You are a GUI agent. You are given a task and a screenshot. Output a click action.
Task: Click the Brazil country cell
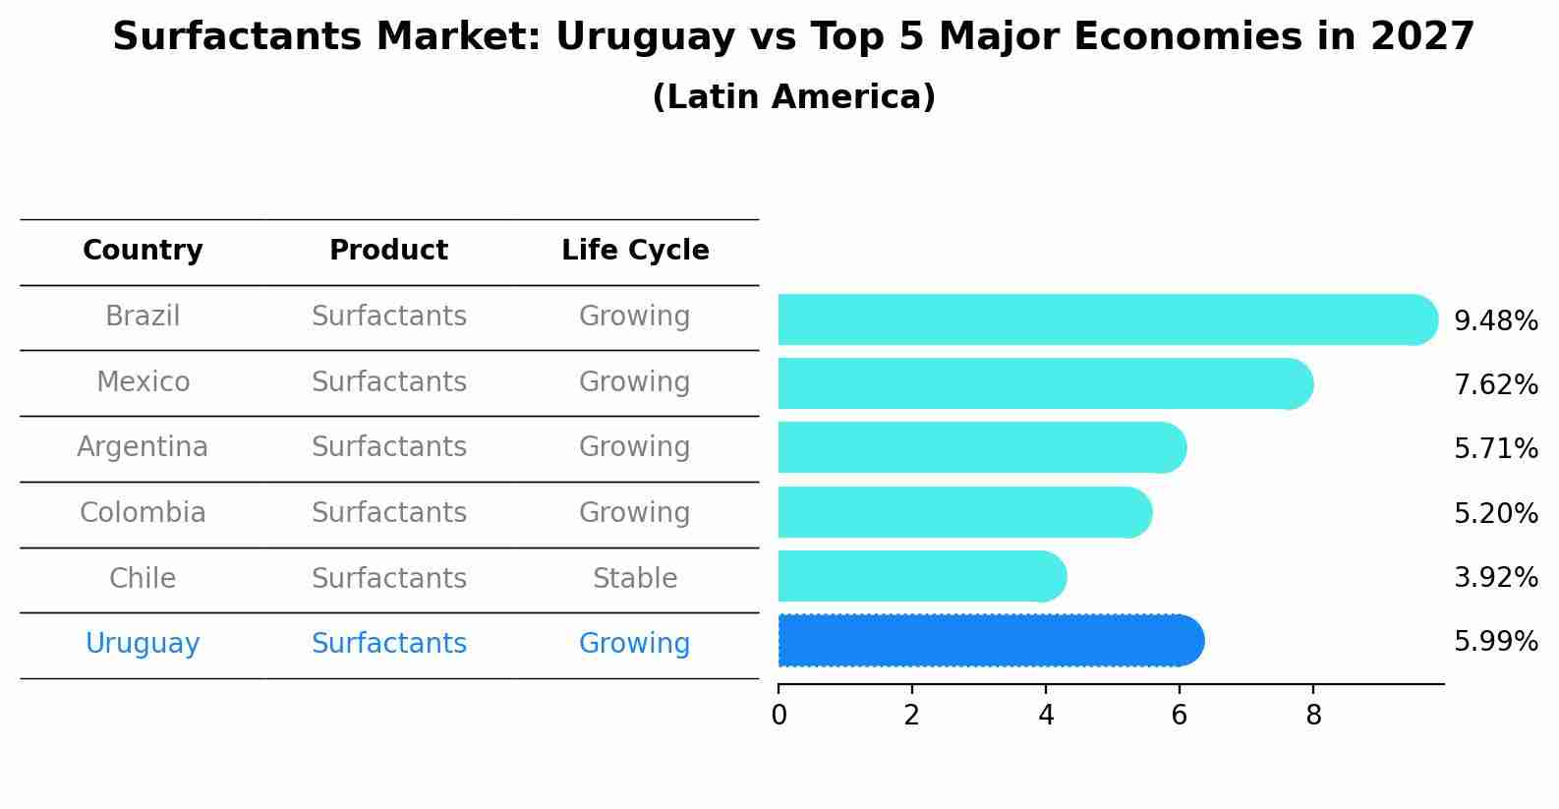pyautogui.click(x=143, y=317)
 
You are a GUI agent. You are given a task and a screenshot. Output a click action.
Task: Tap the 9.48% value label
pyautogui.click(x=1495, y=321)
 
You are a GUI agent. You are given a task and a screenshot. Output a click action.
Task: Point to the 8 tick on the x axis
pyautogui.click(x=1312, y=715)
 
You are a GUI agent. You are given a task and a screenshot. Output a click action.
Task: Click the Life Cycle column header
pyautogui.click(x=635, y=251)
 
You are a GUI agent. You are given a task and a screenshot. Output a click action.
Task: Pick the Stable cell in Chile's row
pyautogui.click(x=635, y=578)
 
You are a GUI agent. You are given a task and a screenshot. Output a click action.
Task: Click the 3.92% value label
pyautogui.click(x=1495, y=577)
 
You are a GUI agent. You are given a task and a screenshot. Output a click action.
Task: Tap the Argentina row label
pyautogui.click(x=143, y=447)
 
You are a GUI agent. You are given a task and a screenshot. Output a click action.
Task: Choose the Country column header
pyautogui.click(x=143, y=251)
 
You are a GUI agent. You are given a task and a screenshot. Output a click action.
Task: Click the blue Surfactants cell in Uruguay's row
pyautogui.click(x=388, y=644)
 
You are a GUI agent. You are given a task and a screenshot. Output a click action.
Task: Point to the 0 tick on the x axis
pyautogui.click(x=779, y=715)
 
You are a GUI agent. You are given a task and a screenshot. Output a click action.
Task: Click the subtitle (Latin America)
pyautogui.click(x=793, y=97)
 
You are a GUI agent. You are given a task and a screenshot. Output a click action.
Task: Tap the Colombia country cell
pyautogui.click(x=143, y=513)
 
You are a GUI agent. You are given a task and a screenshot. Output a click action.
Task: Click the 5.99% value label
pyautogui.click(x=1495, y=642)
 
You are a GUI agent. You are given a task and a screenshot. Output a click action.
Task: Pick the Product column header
pyautogui.click(x=388, y=251)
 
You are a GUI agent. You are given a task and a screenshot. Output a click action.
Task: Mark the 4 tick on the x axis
pyautogui.click(x=1046, y=715)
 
